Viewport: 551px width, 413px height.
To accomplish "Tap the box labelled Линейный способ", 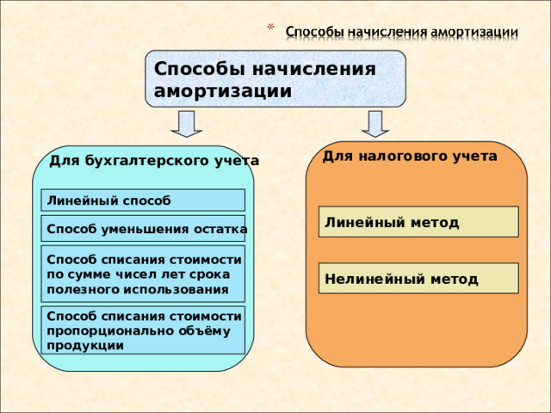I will (x=143, y=200).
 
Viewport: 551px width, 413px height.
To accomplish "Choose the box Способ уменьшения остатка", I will (x=143, y=229).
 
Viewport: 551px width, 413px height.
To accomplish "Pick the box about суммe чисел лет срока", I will (x=143, y=274).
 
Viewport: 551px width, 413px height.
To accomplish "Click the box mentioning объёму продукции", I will (x=143, y=330).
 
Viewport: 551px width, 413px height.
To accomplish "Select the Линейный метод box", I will (x=418, y=222).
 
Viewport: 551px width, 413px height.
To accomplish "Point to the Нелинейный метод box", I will (x=418, y=279).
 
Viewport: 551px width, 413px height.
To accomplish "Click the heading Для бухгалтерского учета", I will (x=154, y=161).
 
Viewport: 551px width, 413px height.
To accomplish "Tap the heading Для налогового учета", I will (x=409, y=157).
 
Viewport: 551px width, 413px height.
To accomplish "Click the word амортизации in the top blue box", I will (x=222, y=91).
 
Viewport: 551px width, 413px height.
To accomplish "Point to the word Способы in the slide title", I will (x=313, y=32).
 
